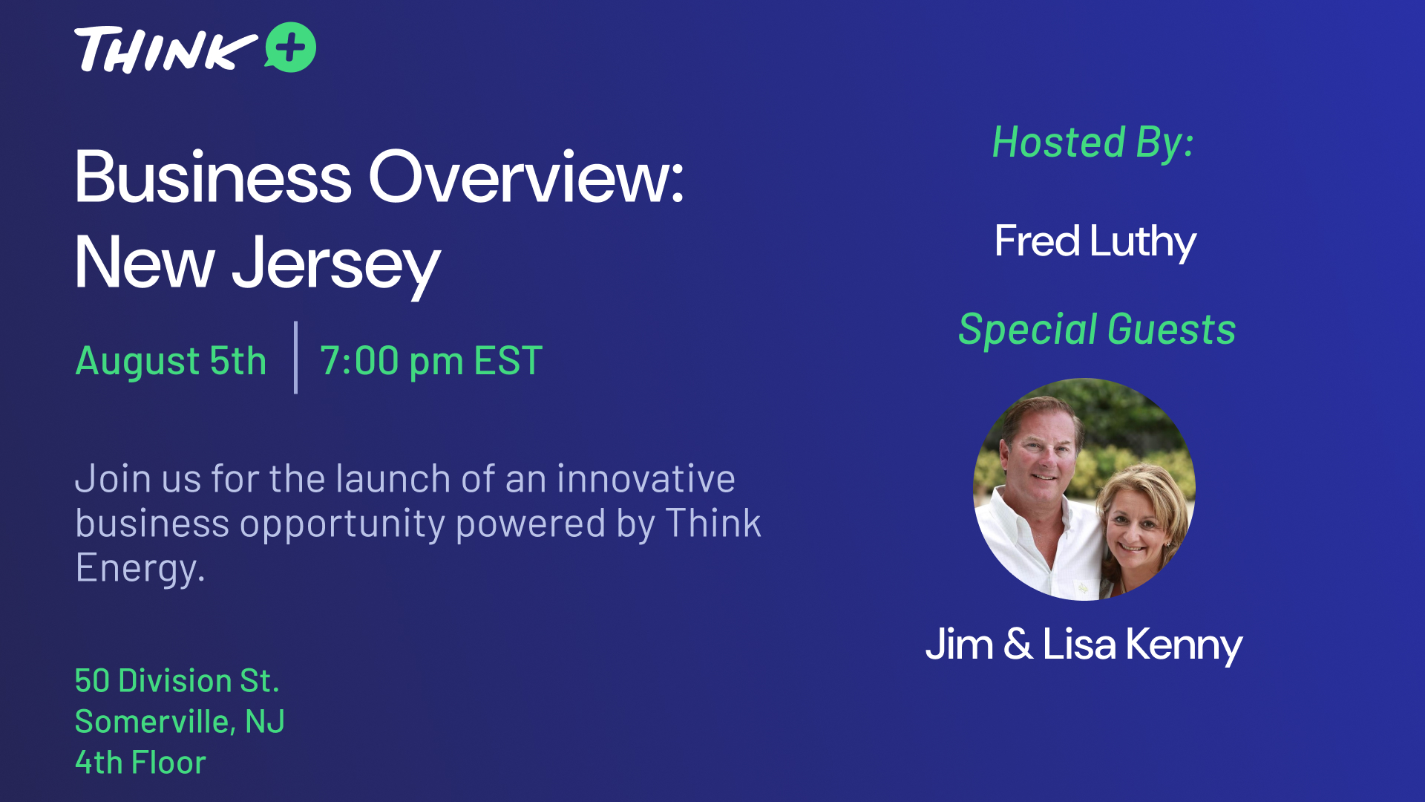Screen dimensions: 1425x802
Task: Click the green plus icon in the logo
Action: click(290, 48)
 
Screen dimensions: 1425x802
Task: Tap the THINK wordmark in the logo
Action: click(165, 50)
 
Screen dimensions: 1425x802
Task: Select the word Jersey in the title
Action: click(336, 264)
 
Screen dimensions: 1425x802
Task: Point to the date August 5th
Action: click(171, 361)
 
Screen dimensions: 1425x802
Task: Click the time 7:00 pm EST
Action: click(431, 361)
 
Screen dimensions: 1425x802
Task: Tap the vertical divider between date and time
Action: click(295, 357)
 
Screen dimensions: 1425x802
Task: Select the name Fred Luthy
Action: click(1095, 241)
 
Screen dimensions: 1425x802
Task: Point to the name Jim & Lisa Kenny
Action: click(1084, 644)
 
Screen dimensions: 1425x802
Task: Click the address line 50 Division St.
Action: click(177, 680)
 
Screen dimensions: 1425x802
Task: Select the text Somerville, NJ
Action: click(180, 721)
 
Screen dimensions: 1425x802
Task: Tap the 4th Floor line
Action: click(140, 762)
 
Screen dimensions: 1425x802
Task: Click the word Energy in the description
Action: click(140, 569)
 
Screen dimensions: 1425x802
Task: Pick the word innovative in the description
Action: click(646, 478)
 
